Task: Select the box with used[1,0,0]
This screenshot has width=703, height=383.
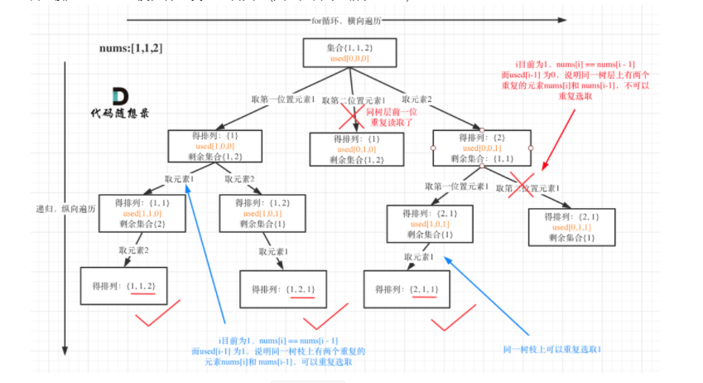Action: (209, 146)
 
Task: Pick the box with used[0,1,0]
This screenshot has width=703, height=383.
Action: (350, 148)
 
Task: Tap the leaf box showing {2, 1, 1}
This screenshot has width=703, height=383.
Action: (410, 288)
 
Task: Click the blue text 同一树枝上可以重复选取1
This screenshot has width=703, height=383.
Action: (551, 349)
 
